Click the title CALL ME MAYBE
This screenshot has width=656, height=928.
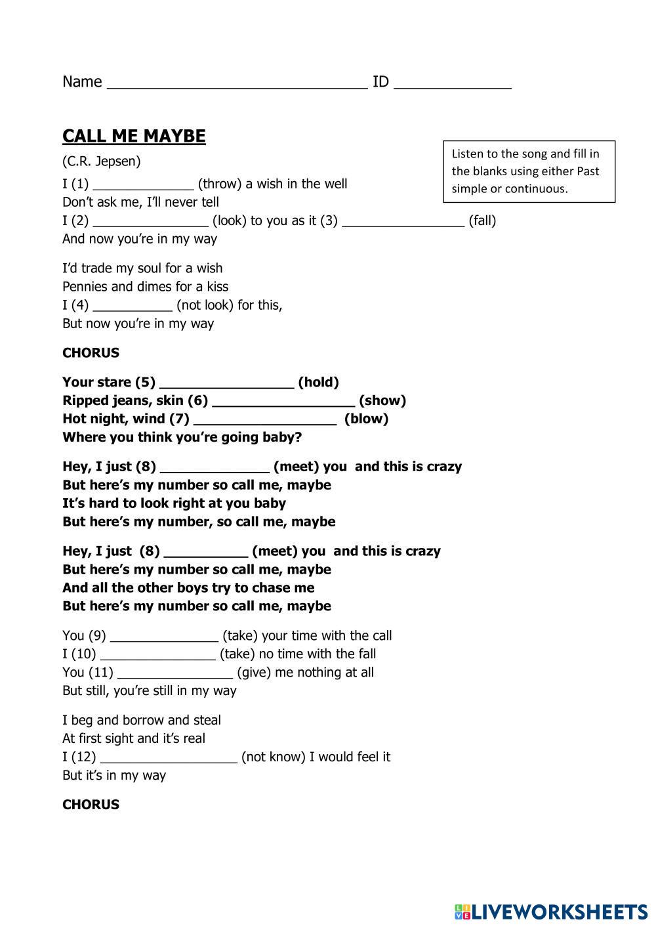click(x=134, y=136)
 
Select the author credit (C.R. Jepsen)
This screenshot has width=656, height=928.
click(x=102, y=161)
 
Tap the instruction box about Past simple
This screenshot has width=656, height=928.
click(x=529, y=171)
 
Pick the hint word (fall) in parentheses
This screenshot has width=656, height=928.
click(x=482, y=221)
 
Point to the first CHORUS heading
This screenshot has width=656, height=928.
click(x=91, y=352)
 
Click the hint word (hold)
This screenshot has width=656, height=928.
click(x=318, y=382)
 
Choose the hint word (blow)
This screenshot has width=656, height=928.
click(x=366, y=419)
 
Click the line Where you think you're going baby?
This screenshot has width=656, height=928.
click(x=182, y=437)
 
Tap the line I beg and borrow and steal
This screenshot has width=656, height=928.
click(x=142, y=720)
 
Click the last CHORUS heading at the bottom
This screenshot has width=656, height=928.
click(x=91, y=805)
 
